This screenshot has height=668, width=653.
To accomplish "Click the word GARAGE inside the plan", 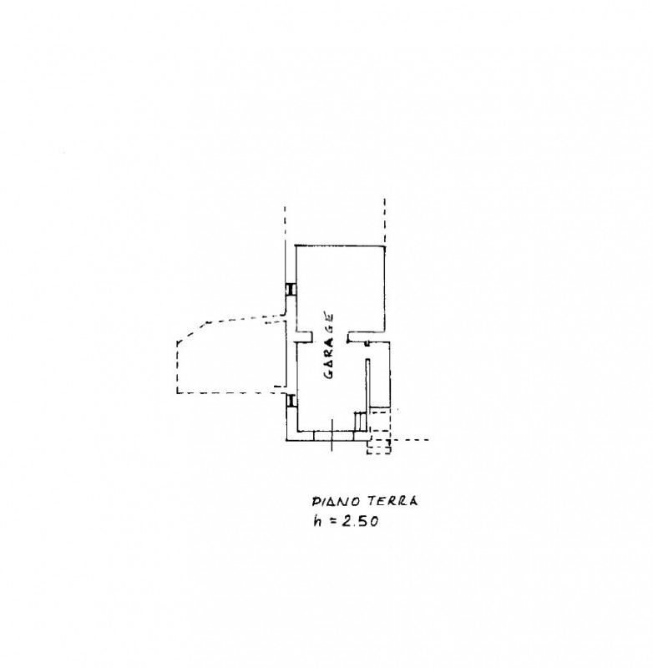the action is coord(329,346).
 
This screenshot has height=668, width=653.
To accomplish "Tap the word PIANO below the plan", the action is coord(338,501).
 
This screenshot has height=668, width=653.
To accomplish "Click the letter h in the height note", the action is coord(317,520).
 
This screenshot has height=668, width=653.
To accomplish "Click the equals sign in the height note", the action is coord(331,521).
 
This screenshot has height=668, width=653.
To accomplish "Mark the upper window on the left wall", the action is coord(291,289).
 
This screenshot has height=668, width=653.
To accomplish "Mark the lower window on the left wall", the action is coord(291,401).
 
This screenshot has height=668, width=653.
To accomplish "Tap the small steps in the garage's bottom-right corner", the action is coord(361,422).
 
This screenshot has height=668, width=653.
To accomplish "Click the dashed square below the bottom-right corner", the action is coord(378,447).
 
